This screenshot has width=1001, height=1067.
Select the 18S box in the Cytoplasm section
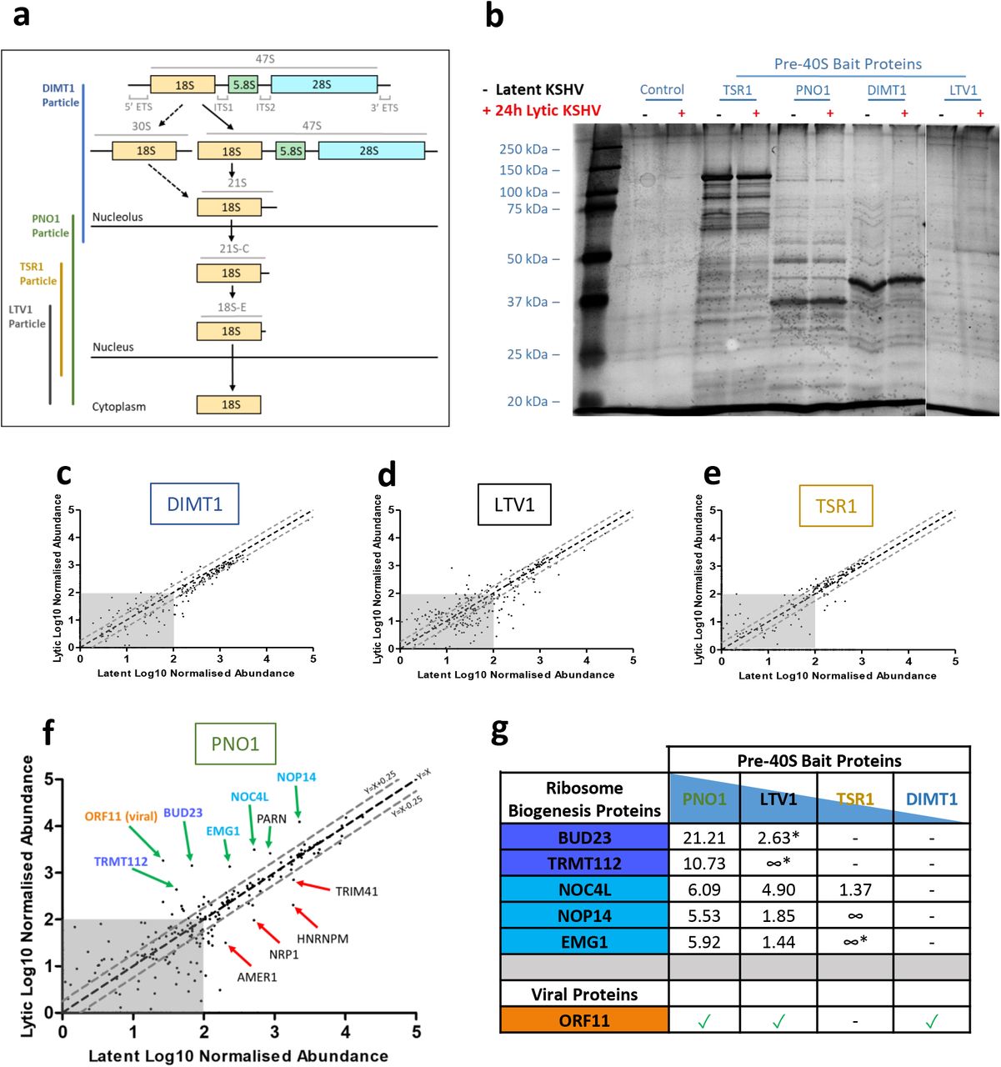[229, 405]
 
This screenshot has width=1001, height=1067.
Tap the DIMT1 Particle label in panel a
[60, 95]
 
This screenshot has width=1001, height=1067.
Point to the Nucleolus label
[118, 217]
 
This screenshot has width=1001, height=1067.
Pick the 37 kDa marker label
[528, 302]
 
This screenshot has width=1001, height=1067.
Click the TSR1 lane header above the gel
[738, 90]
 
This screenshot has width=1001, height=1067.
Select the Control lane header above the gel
[662, 90]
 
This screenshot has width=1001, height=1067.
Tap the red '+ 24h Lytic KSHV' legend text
[541, 110]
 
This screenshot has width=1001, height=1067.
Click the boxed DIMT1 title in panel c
[194, 503]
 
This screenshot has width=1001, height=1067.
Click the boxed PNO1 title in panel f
[235, 744]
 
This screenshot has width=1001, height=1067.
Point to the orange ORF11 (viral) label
[121, 816]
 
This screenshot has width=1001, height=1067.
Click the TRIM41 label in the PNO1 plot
[357, 891]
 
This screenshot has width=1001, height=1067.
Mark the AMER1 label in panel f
[257, 977]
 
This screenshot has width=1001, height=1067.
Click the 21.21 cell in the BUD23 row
[704, 838]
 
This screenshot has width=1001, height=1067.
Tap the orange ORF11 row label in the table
[584, 1020]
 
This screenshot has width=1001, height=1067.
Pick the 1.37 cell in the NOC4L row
[855, 889]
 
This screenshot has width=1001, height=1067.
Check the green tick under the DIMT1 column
[931, 1020]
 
